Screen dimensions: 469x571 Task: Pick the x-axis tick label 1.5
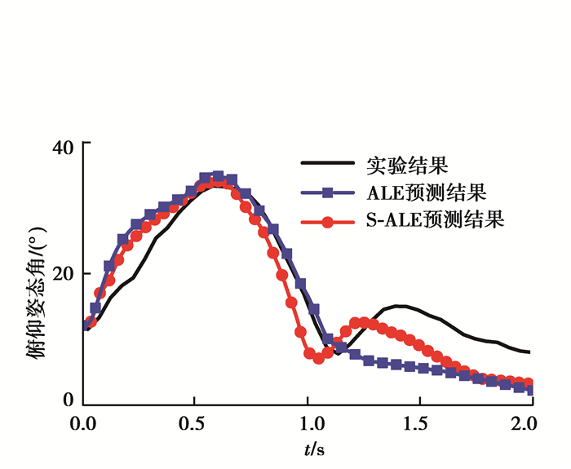click(x=419, y=425)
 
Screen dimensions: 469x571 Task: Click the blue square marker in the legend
click(x=327, y=193)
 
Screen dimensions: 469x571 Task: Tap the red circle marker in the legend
click(x=327, y=221)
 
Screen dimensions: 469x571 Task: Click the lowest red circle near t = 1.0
click(x=318, y=358)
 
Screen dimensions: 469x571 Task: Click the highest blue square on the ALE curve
click(x=218, y=176)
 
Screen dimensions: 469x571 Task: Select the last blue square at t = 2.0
click(x=531, y=390)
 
